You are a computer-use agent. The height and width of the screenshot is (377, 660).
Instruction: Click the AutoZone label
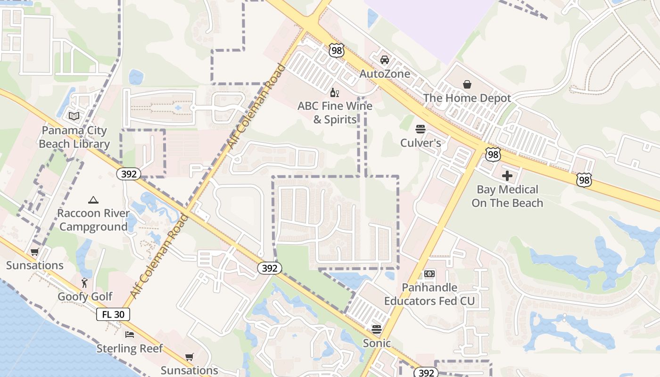click(385, 74)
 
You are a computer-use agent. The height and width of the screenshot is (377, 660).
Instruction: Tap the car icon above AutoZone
click(385, 60)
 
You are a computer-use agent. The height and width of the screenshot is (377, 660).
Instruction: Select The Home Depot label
click(467, 98)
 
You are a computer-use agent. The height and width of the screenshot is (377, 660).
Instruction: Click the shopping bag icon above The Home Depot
click(467, 84)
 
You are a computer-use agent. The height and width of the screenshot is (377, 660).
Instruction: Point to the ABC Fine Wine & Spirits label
click(335, 113)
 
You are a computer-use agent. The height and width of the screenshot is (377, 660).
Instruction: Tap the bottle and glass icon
click(335, 92)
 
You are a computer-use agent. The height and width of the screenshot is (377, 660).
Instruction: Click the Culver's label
click(421, 143)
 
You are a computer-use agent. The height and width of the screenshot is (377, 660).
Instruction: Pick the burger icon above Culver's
click(421, 129)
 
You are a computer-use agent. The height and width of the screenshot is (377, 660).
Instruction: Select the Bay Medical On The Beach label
click(507, 196)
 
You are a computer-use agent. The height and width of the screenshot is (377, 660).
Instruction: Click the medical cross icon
click(507, 176)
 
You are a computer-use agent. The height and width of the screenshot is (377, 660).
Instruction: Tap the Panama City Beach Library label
click(74, 137)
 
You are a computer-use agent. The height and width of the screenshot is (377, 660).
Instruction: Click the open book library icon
click(74, 116)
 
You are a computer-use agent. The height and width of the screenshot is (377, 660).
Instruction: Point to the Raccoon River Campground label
click(93, 220)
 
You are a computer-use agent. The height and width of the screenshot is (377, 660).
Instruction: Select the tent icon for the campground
click(93, 200)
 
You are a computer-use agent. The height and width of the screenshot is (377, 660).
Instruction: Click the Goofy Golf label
click(85, 296)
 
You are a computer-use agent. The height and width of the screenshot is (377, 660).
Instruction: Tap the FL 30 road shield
click(113, 314)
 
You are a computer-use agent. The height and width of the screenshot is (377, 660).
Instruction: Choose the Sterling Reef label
click(130, 349)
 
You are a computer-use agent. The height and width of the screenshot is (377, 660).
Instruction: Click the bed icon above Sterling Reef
click(130, 335)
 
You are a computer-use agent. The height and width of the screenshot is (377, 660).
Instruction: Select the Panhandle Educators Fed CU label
click(429, 294)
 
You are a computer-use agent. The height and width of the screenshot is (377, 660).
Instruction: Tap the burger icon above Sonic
click(376, 329)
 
